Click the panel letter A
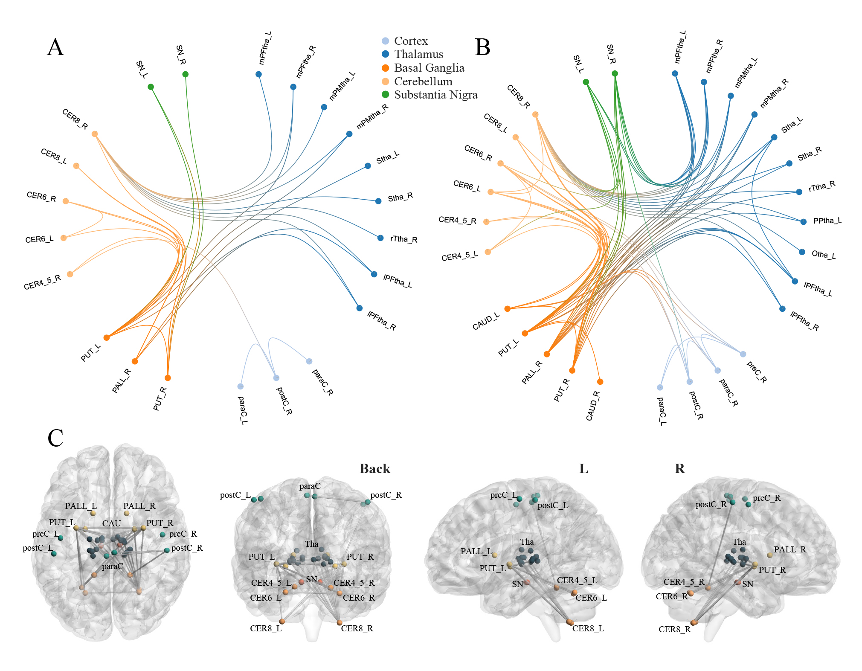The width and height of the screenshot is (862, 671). click(x=55, y=47)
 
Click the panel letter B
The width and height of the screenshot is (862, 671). click(x=482, y=47)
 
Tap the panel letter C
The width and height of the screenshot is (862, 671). click(x=55, y=438)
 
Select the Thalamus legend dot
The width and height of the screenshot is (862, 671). click(x=386, y=54)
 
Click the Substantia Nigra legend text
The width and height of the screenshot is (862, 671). click(x=435, y=95)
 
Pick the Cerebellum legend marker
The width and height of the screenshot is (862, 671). click(x=386, y=81)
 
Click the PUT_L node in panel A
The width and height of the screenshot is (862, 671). click(x=107, y=337)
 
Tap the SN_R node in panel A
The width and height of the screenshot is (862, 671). click(x=186, y=74)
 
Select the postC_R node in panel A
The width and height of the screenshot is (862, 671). click(x=276, y=378)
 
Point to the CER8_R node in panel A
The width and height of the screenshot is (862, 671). click(x=95, y=134)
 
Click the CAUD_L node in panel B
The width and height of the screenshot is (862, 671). click(x=508, y=308)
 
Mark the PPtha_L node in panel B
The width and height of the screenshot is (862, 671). click(x=804, y=221)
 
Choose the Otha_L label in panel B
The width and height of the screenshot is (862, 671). click(x=823, y=255)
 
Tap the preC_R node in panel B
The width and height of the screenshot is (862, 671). click(x=743, y=354)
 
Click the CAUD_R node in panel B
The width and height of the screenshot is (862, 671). click(x=600, y=381)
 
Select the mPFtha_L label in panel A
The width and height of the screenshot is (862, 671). click(x=265, y=48)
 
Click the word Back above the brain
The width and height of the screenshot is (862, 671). click(x=374, y=469)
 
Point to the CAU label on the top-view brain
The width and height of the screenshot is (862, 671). click(x=112, y=523)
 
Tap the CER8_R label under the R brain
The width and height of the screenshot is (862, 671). click(x=674, y=629)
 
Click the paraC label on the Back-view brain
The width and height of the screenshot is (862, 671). click(x=310, y=486)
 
